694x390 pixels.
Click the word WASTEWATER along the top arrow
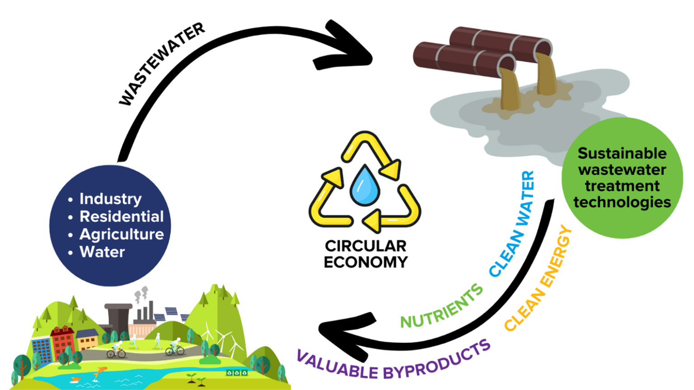161,64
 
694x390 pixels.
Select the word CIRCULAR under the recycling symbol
366,246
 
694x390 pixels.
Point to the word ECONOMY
366,262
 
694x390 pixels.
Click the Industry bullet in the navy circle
110,199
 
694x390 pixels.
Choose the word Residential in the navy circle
121,217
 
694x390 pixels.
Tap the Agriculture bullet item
121,234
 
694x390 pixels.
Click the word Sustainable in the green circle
622,153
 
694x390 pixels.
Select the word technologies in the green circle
622,202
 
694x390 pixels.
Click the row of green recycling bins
237,372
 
